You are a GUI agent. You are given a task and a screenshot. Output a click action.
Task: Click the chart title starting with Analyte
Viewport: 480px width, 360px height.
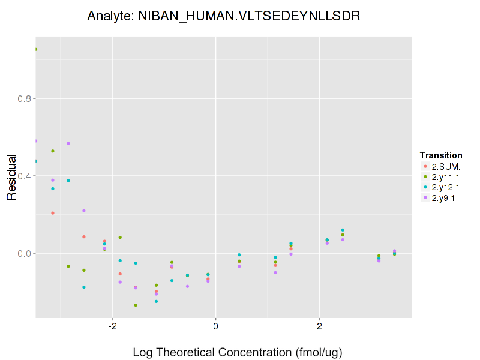click(x=223, y=16)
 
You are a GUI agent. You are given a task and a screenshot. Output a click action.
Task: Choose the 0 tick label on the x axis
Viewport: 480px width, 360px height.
click(x=215, y=327)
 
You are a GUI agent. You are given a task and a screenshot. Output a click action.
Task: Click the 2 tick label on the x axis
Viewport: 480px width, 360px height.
click(x=319, y=327)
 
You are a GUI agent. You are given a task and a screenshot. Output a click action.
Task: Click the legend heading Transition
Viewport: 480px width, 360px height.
click(x=441, y=155)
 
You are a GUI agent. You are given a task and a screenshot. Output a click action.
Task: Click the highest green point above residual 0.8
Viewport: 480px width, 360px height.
click(x=36, y=49)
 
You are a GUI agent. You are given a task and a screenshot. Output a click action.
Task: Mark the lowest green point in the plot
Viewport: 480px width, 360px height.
click(x=136, y=305)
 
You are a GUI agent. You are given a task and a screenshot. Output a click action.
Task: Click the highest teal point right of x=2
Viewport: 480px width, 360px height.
click(x=343, y=230)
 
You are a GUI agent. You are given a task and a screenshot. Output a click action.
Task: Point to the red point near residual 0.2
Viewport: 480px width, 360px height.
click(x=53, y=213)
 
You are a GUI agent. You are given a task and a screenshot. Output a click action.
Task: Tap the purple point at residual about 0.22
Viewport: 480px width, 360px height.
click(x=84, y=211)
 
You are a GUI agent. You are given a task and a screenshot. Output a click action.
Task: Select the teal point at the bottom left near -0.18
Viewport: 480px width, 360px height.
click(x=84, y=287)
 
